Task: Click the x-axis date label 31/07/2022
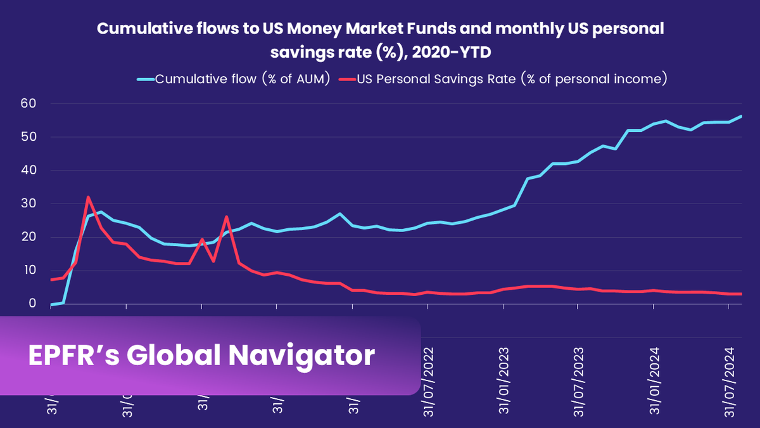coord(428,380)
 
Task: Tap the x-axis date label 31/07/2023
coord(579,380)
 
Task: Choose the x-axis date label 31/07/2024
coord(730,380)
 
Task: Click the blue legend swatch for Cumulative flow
coord(146,79)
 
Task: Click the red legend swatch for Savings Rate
coord(347,79)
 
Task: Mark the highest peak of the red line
coord(88,197)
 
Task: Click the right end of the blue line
coord(741,116)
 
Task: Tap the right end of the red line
coord(741,294)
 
